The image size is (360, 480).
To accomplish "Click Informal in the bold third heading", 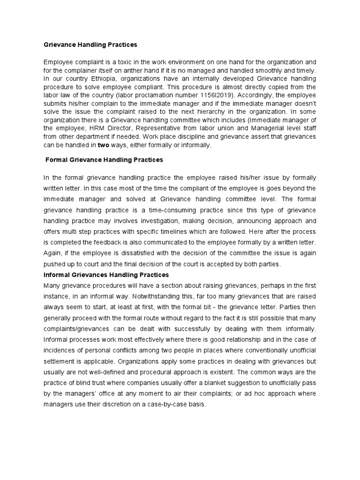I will click(57, 275).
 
